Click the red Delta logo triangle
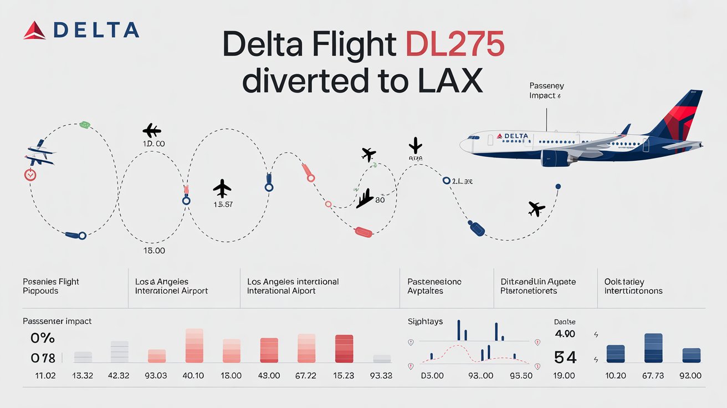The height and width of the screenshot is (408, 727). (35, 30)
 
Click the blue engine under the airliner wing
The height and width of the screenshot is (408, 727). (556, 159)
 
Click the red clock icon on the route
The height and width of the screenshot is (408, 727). (30, 175)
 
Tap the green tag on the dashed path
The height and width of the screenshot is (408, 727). (85, 124)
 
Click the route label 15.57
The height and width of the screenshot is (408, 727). (223, 205)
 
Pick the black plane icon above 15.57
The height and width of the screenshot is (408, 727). (222, 188)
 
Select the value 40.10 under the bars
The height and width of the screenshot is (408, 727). (193, 376)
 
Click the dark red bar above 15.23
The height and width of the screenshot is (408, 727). (344, 349)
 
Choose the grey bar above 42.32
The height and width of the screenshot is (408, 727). (119, 352)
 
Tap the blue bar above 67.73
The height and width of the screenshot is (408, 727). (653, 348)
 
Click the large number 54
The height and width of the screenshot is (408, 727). (565, 357)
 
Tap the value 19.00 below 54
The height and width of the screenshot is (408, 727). (564, 376)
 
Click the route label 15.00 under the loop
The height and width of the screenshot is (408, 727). (155, 251)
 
